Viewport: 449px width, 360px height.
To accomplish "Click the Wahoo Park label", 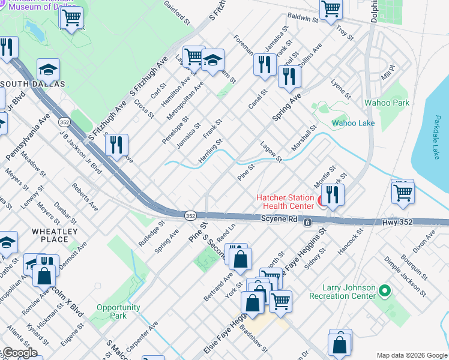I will pos(387,103).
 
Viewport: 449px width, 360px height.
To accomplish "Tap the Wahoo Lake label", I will pos(354,123).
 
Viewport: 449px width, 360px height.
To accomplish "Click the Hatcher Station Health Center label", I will pos(285,202).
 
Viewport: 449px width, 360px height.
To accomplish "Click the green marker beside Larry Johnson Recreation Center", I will pos(386,292).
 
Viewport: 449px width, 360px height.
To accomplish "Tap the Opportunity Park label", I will pos(118,311).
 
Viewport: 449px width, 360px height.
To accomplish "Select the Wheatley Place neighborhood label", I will pos(55,235).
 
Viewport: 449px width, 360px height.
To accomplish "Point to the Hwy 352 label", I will pos(397,222).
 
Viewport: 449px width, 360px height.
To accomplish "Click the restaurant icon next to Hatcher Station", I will pos(331,195).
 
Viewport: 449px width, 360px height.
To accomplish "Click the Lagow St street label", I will pos(271,152).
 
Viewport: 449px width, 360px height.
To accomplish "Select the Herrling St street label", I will pos(211,151).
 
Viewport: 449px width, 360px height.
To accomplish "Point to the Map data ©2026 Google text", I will pos(411,355).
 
